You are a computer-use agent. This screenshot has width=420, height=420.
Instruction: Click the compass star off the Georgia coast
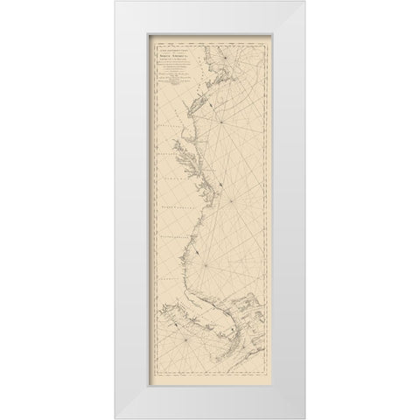pyautogui.click(x=206, y=255)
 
